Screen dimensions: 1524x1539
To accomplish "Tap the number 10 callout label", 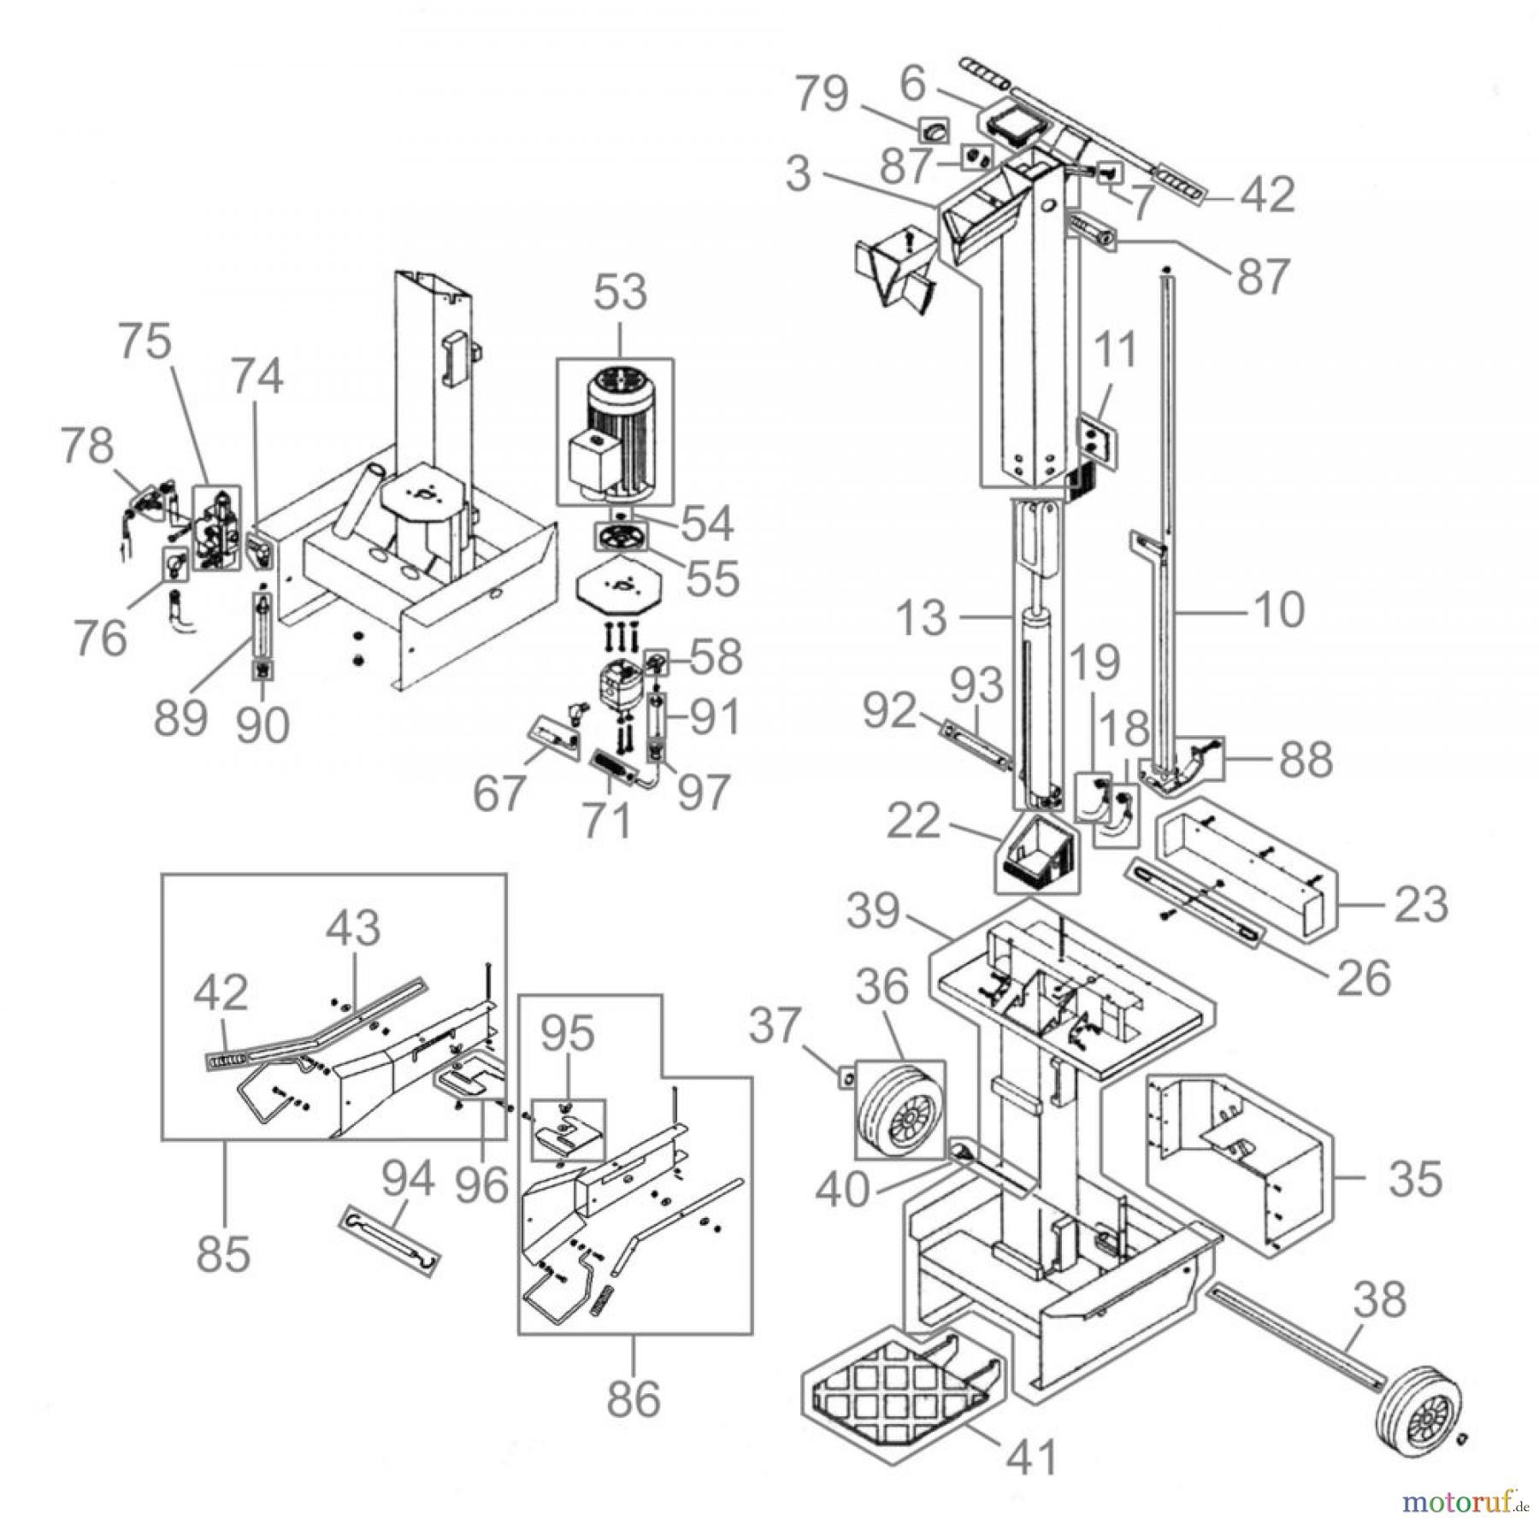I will [x=1278, y=610].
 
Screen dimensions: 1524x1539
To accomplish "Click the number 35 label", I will [x=1415, y=1178].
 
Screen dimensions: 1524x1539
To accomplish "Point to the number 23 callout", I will [x=1420, y=904].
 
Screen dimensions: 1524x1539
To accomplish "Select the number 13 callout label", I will [x=923, y=617].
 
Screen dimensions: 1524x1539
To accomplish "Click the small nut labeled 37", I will [x=846, y=1080].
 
